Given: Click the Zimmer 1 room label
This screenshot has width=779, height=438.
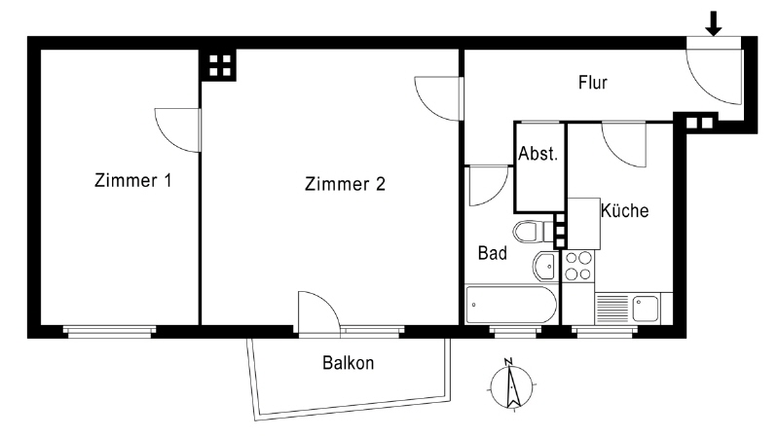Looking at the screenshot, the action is [x=133, y=180].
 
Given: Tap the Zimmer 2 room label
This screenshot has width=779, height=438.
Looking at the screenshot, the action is [x=345, y=184].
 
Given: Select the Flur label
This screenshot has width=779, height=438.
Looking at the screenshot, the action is [x=593, y=83].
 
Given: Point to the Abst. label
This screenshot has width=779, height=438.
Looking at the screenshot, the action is [x=538, y=154].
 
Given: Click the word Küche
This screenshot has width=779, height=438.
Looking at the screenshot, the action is [x=624, y=210].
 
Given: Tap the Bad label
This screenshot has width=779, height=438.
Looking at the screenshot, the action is [x=493, y=253].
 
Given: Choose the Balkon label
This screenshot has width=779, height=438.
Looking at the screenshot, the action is [x=348, y=363].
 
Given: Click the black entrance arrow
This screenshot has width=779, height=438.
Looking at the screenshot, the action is [x=714, y=23].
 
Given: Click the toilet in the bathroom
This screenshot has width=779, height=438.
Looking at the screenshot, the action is [x=533, y=232].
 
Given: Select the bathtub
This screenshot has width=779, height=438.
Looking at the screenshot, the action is [x=511, y=305].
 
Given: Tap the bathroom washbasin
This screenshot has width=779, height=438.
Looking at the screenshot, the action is [x=545, y=266].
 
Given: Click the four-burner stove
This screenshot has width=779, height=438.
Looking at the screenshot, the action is [x=578, y=266].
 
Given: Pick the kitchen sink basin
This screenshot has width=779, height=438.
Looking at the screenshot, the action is [x=646, y=308].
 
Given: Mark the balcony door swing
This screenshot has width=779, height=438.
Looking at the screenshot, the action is [x=319, y=311].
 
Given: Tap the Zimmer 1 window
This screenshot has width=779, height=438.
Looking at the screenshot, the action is [x=109, y=332].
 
